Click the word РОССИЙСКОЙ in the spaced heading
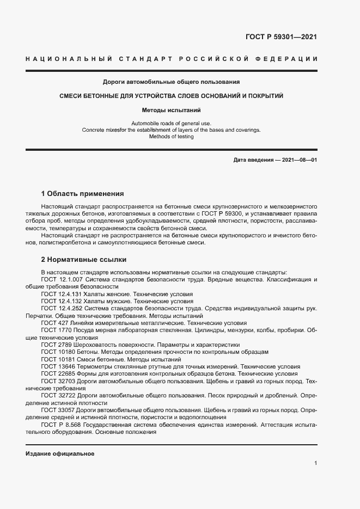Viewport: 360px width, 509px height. (217, 59)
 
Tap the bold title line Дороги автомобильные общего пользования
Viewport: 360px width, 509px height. (172, 83)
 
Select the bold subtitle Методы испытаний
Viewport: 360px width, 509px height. (172, 110)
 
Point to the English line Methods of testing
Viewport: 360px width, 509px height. (172, 137)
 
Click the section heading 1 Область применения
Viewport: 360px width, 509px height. (83, 193)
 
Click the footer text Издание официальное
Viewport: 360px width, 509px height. (60, 453)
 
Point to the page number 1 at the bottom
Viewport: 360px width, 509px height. (316, 463)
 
